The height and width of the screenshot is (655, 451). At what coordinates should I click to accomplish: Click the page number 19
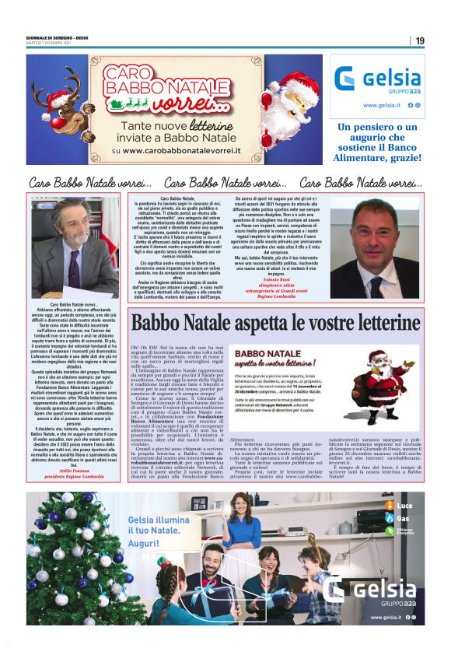coord(420,40)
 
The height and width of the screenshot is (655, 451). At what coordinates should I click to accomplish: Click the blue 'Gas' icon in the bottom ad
coord(389,518)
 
